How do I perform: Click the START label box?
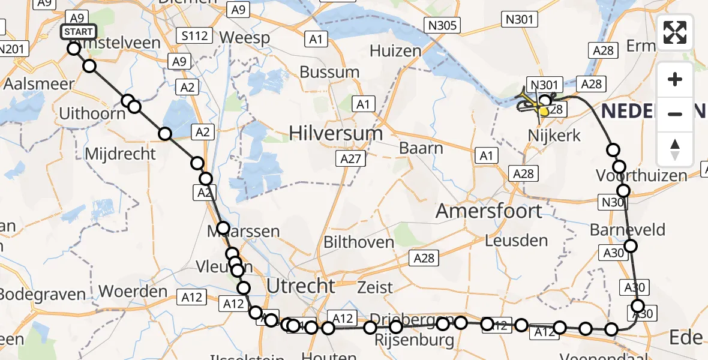[x=78, y=32]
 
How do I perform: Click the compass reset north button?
[x=675, y=149]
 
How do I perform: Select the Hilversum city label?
[x=335, y=133]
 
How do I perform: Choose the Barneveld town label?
[x=628, y=230]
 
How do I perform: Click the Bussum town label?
[x=329, y=73]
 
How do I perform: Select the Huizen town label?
[x=395, y=51]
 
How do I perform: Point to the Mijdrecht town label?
[x=121, y=154]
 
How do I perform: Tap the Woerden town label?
[x=133, y=292]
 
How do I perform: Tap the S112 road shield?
[x=194, y=36]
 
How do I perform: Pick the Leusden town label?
[x=516, y=241]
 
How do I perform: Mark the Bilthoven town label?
[x=358, y=242]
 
